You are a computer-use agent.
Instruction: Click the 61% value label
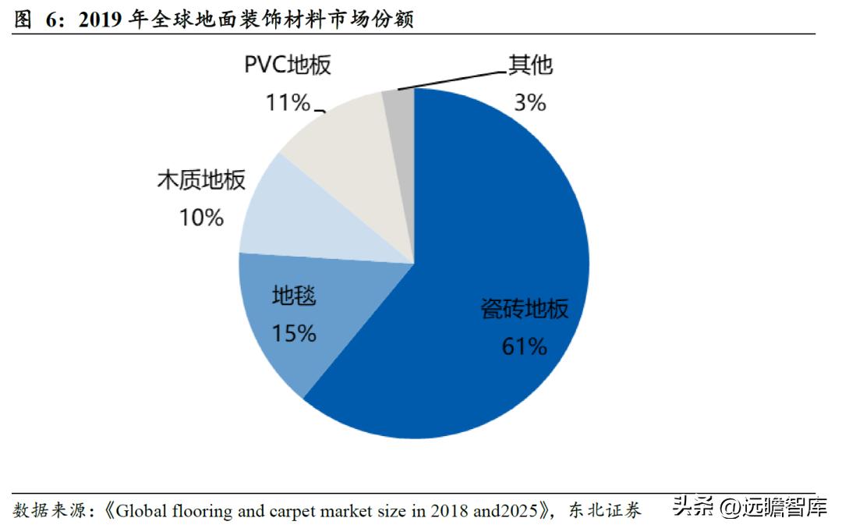[x=524, y=346]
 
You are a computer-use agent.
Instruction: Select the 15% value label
[x=294, y=334]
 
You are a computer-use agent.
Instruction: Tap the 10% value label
[x=201, y=218]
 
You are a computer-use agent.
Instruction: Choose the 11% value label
[x=288, y=102]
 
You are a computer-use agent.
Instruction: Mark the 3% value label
[x=530, y=102]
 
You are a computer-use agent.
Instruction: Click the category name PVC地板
[x=288, y=65]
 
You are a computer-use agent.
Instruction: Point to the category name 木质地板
[x=201, y=180]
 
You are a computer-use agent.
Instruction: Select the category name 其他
[x=531, y=65]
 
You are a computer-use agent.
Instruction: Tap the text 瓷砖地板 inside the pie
[x=524, y=309]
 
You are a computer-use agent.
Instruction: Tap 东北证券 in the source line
[x=605, y=512]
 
